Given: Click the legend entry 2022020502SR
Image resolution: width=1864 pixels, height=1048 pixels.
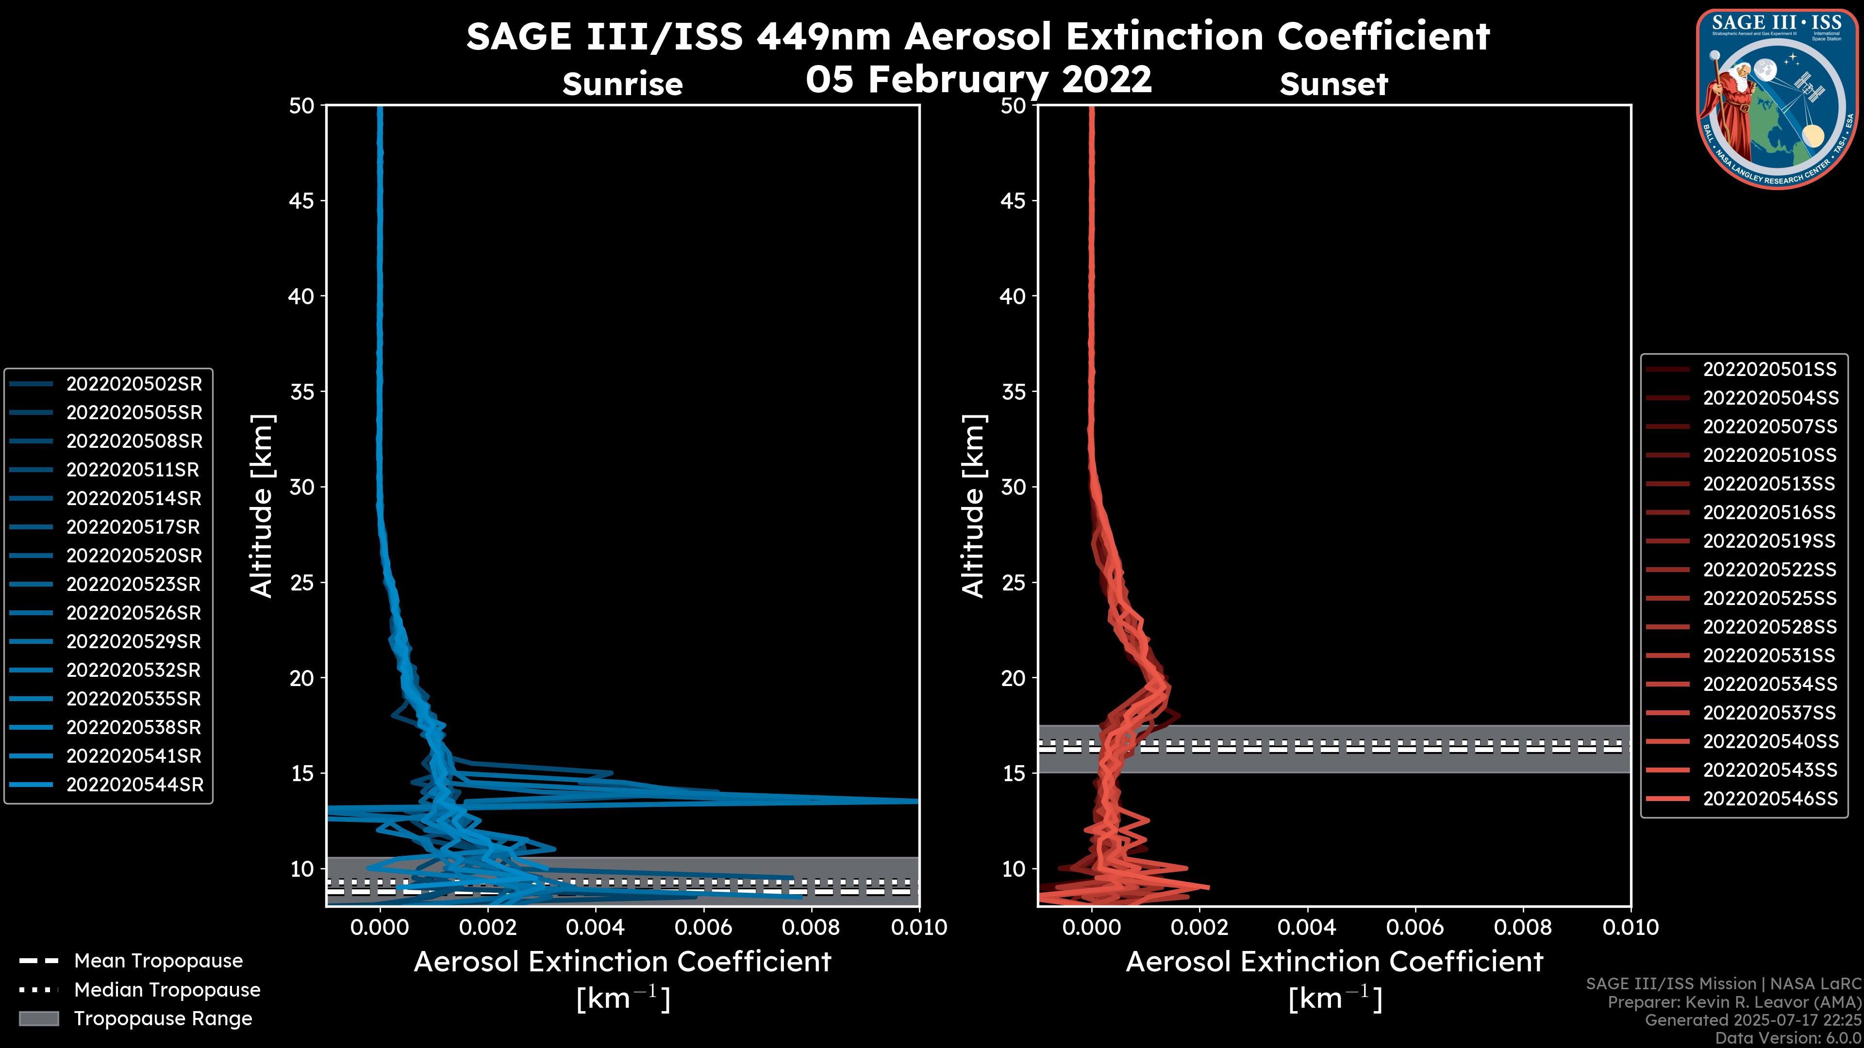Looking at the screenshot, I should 134,384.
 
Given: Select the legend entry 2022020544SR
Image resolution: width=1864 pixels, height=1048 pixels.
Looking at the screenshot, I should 134,785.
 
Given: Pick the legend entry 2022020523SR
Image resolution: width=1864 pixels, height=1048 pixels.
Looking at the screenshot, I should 134,584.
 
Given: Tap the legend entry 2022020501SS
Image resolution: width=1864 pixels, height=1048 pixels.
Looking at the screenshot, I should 1769,370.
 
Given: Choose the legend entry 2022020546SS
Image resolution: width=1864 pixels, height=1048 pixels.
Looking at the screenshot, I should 1770,799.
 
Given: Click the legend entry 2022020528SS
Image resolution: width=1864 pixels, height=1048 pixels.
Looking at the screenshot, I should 1769,627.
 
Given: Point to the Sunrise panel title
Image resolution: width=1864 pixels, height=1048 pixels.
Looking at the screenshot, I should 622,84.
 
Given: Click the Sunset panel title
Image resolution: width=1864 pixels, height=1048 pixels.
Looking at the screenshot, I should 1333,84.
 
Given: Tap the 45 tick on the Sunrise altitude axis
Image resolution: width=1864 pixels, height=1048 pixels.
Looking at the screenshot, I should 302,201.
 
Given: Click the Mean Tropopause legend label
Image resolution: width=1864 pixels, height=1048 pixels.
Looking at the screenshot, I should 158,961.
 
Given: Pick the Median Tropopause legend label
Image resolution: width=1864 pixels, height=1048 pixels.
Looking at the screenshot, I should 167,990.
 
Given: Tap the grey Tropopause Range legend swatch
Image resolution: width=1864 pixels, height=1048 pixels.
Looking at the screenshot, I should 38,1019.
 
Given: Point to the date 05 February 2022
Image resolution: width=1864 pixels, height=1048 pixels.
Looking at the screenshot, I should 978,79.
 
